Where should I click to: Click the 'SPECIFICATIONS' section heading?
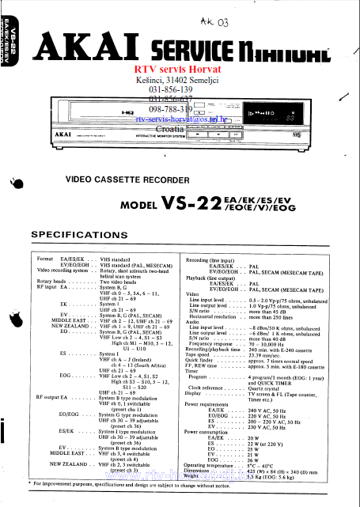pos(85,235)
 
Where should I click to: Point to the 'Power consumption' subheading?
pos(211,432)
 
